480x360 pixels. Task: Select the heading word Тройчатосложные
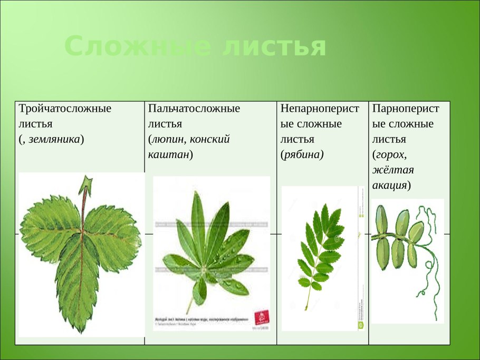65,109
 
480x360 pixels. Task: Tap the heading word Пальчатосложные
194,109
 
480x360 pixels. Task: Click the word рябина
302,154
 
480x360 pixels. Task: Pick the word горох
390,155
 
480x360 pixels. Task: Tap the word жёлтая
393,170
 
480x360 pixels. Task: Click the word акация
390,186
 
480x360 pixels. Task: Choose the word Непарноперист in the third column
320,109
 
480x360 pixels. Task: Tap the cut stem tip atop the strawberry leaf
85,184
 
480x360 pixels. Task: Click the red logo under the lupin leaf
261,317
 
